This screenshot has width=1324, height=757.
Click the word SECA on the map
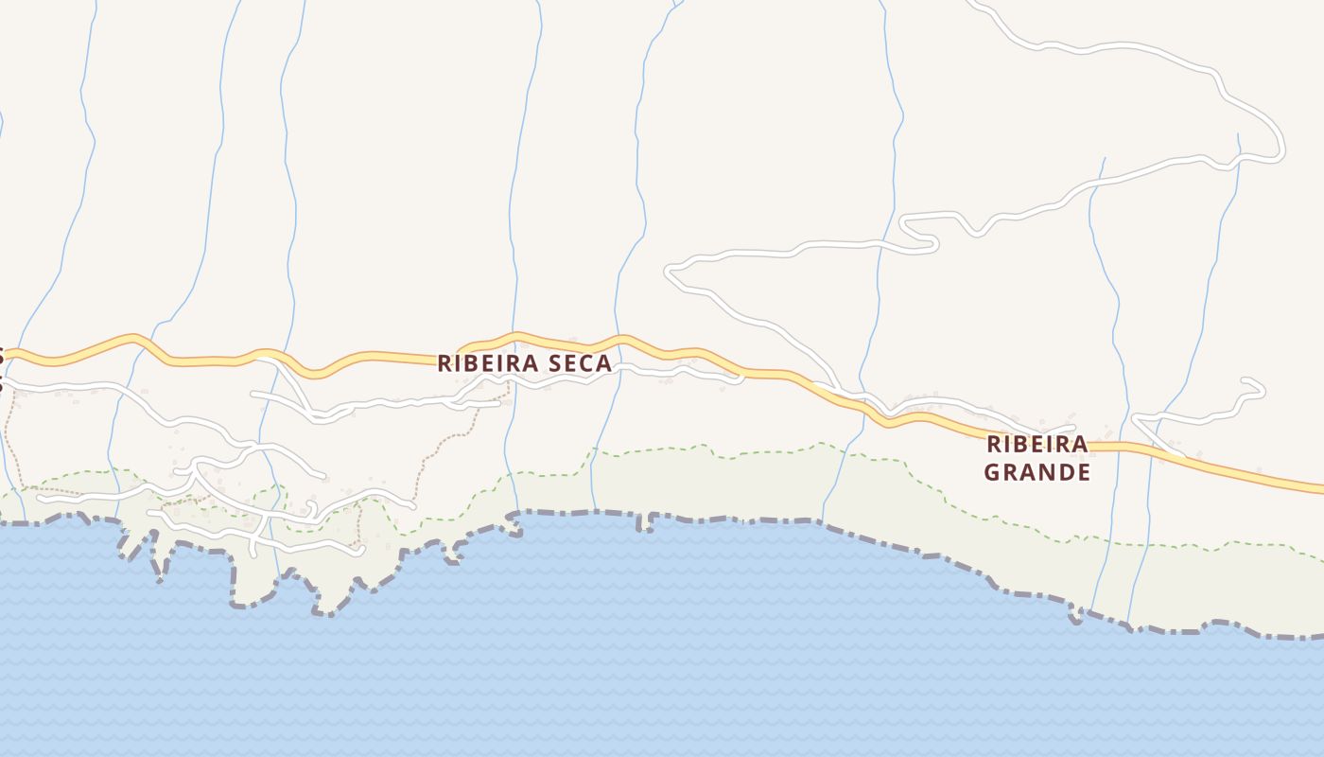point(580,363)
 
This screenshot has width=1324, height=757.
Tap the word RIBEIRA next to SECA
point(488,363)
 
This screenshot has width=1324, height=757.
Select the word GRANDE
point(1037,471)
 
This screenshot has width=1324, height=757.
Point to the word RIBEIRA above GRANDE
point(1037,444)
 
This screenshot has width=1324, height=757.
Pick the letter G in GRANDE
point(992,471)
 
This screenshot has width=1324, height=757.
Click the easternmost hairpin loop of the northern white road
point(1280,151)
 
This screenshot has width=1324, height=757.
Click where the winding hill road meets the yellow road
point(837,389)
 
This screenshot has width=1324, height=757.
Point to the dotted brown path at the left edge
point(8,435)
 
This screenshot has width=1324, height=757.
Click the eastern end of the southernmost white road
point(361,550)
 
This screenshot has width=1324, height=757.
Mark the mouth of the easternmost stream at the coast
point(1129,624)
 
